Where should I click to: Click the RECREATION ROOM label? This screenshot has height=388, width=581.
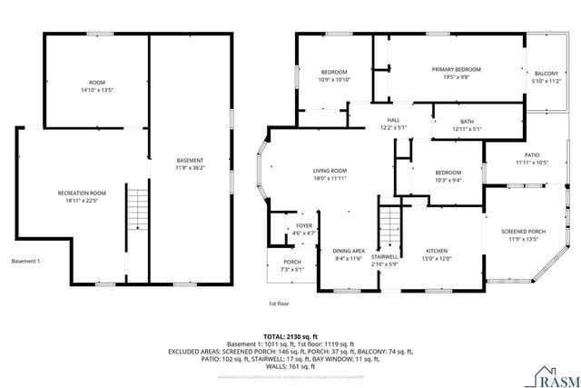[83, 193]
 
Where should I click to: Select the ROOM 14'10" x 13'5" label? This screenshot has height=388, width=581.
[96, 85]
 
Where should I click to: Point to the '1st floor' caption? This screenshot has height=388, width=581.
[278, 303]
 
